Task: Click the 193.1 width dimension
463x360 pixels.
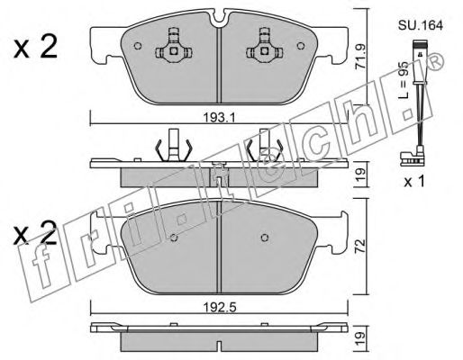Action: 219,117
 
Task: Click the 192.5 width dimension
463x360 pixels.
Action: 220,307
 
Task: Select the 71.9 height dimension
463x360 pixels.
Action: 360,57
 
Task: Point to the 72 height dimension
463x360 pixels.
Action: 360,246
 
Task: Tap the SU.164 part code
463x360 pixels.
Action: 421,25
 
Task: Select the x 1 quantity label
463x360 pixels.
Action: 414,182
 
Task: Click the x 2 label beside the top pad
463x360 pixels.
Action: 35,48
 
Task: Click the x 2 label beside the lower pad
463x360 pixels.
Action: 35,233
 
